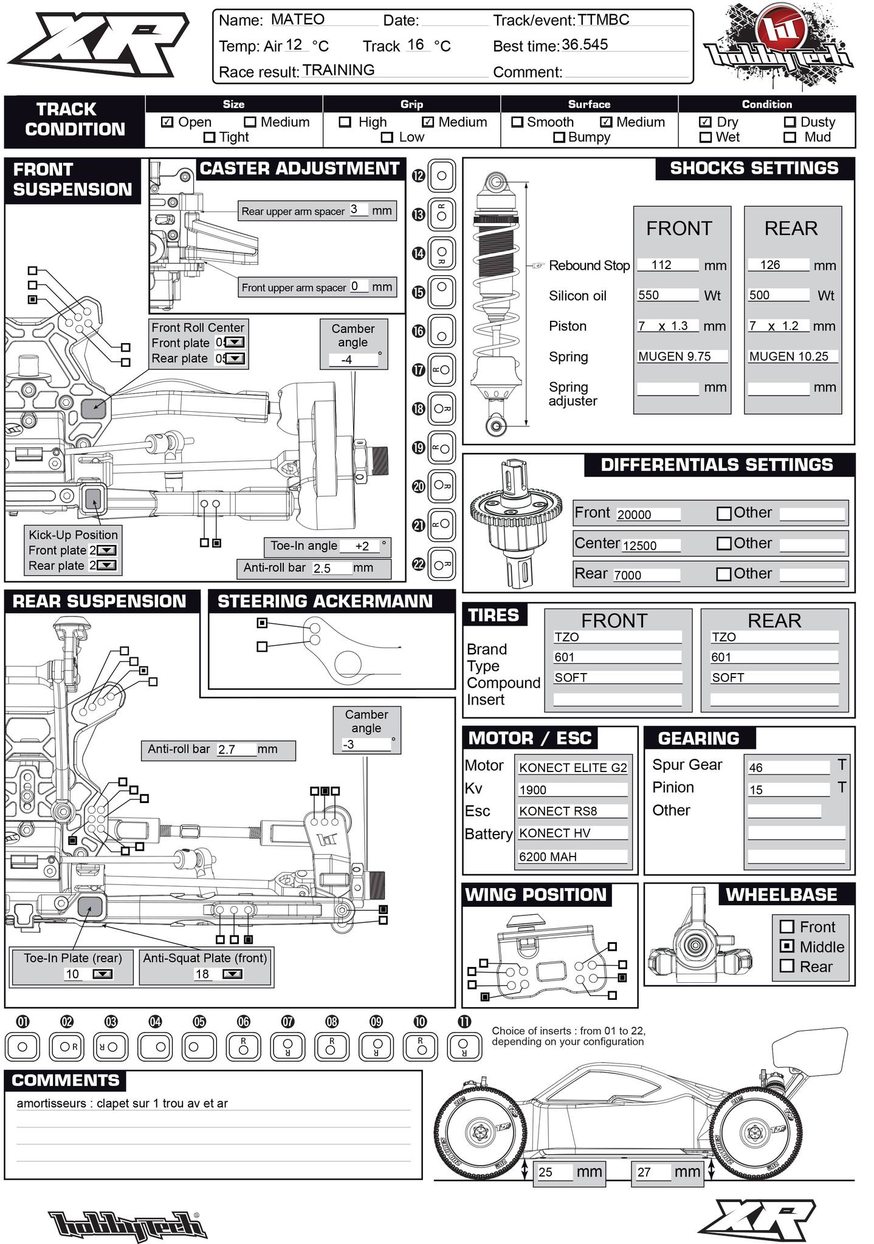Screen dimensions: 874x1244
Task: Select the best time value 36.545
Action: pos(585,45)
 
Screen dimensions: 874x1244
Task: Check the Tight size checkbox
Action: pos(209,137)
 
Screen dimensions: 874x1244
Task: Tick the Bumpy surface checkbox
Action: pos(559,137)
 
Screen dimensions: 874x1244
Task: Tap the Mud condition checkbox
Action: pos(790,137)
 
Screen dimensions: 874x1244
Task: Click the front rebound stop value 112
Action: pos(661,265)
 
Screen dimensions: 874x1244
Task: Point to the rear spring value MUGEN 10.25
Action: pos(788,357)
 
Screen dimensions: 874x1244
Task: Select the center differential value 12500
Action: pos(639,545)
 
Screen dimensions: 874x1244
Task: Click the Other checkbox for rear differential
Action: pos(724,574)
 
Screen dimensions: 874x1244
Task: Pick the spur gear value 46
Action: pos(755,768)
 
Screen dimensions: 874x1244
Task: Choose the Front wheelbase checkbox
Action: pos(787,926)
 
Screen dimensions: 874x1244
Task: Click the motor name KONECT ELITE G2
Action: pos(573,768)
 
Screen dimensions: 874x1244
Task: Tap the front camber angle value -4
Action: pos(346,360)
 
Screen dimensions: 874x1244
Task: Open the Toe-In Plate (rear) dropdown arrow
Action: pos(105,974)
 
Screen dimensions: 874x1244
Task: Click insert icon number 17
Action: pos(441,369)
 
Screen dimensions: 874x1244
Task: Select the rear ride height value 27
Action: pos(644,1172)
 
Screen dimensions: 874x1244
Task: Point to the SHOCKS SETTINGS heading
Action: pos(754,168)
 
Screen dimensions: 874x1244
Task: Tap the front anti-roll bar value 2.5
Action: pos(322,569)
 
